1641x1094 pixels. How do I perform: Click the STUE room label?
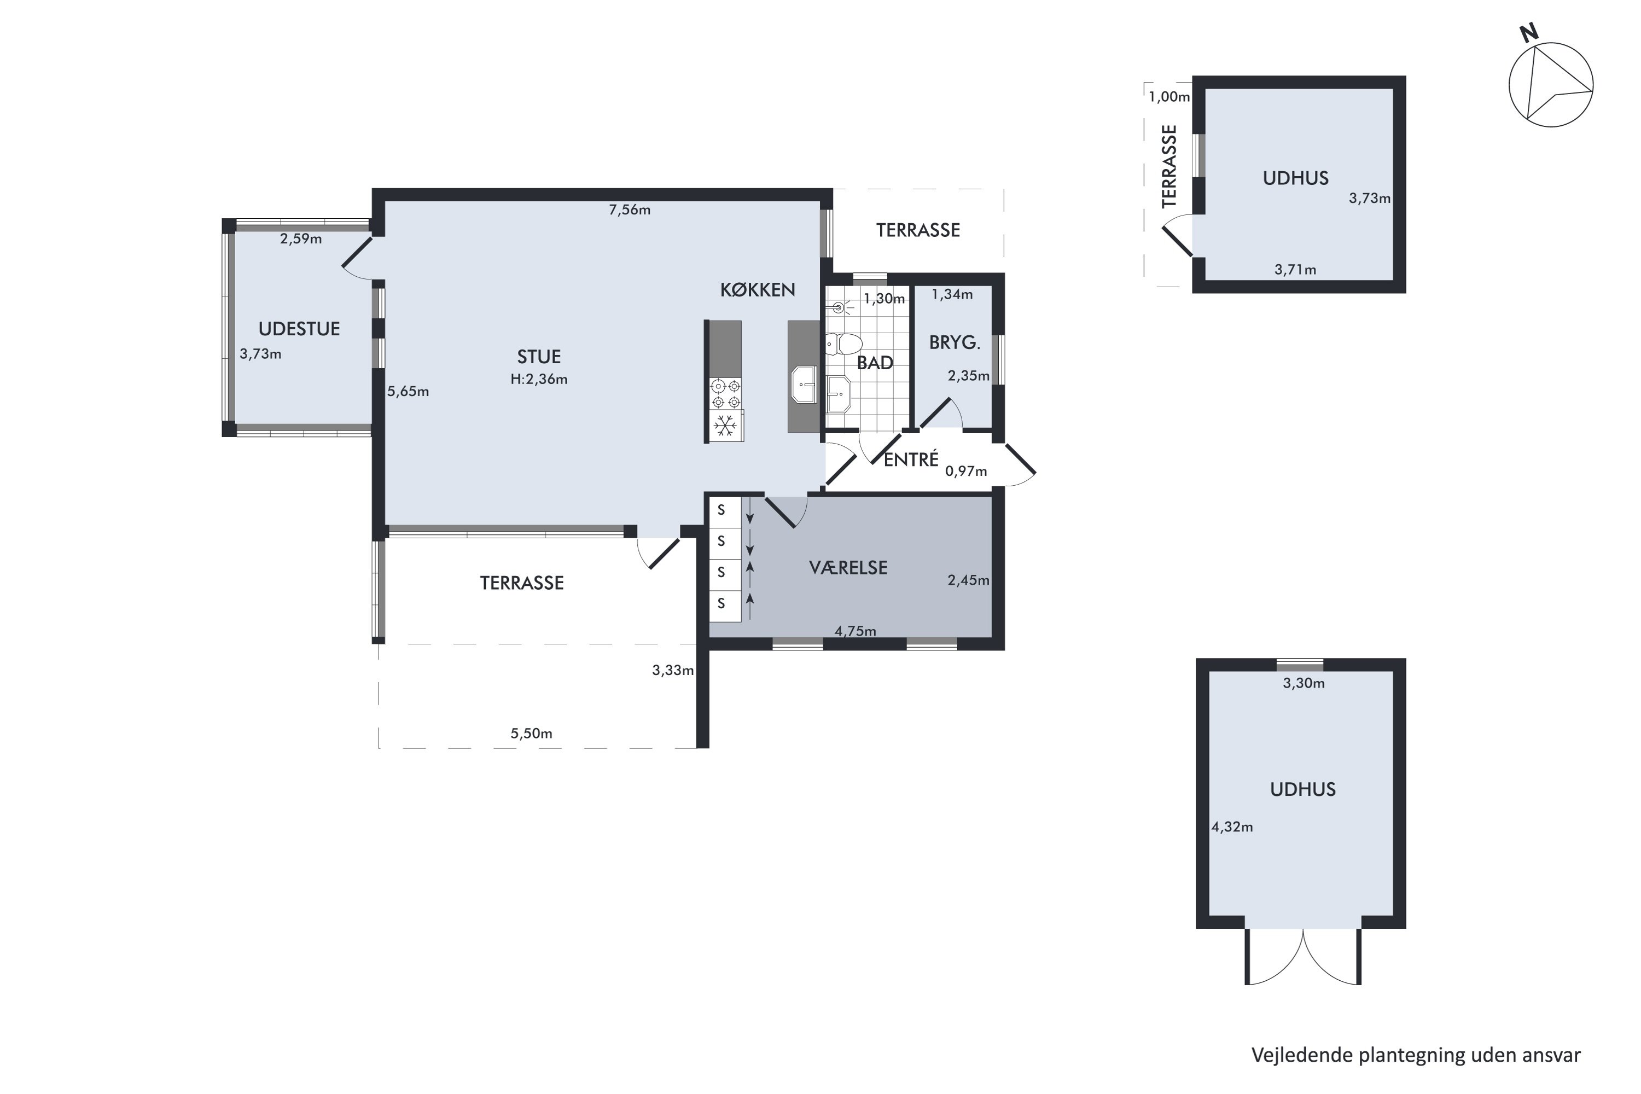click(539, 357)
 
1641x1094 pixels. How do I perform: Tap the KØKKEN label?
click(758, 289)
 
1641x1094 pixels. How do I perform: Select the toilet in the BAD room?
click(843, 344)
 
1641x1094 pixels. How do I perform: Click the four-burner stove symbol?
click(726, 393)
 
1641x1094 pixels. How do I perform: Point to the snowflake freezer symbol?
click(726, 426)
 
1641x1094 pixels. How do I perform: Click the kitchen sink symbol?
click(804, 385)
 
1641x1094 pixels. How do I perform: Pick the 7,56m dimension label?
click(630, 210)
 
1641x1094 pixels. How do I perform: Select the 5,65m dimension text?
click(408, 392)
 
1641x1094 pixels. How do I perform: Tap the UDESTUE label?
click(299, 329)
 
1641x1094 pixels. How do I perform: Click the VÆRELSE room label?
click(848, 567)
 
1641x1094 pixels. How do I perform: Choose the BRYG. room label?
click(955, 342)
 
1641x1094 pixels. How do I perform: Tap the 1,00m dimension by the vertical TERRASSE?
click(1169, 97)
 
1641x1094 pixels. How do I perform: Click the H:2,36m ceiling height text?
click(539, 380)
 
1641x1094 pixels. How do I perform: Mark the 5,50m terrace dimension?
click(531, 734)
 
